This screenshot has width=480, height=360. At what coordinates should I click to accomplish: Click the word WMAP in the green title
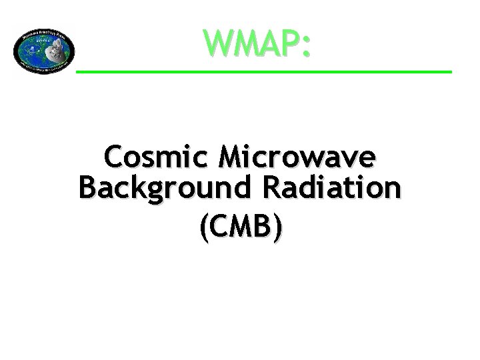tap(251, 43)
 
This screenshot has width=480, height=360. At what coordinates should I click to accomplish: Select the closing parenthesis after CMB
tap(277, 227)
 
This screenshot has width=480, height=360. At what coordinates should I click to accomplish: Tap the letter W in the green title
tap(219, 43)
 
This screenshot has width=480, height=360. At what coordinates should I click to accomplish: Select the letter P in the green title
tap(288, 43)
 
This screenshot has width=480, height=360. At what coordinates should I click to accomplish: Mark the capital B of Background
tap(87, 187)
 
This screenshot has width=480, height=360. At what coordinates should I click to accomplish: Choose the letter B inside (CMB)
tap(262, 227)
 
